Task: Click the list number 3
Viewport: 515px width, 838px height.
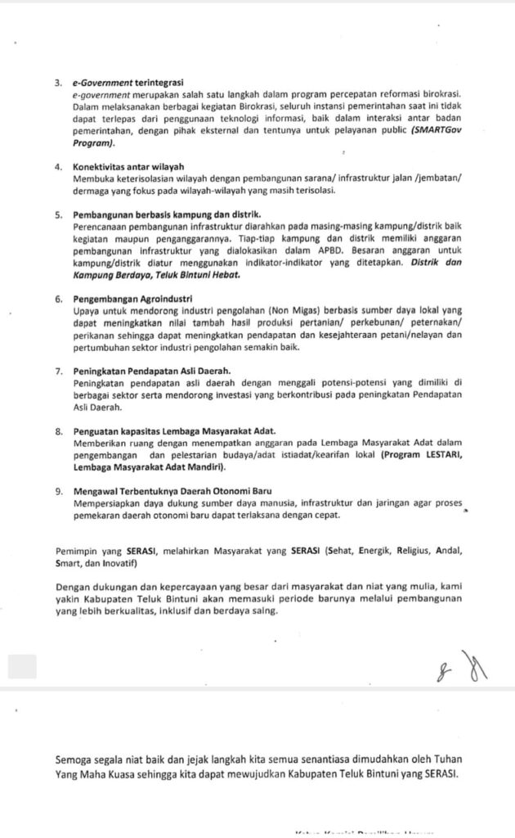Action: [x=58, y=83]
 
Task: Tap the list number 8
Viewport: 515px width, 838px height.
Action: [x=58, y=431]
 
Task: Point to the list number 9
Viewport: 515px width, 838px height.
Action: [x=58, y=491]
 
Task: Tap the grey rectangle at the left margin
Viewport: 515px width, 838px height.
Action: [x=22, y=666]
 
